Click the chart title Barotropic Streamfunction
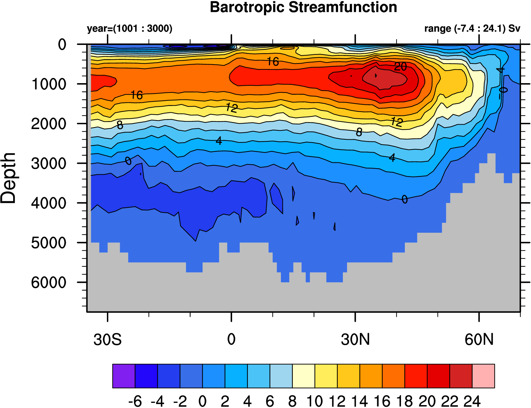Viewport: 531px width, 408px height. tap(303, 7)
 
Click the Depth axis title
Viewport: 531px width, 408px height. tap(9, 178)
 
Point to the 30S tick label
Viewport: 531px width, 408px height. tap(108, 340)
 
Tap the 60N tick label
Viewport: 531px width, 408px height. tap(479, 340)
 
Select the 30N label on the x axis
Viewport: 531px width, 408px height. tap(355, 340)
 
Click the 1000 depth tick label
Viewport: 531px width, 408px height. tap(49, 84)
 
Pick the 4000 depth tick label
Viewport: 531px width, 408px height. tap(49, 203)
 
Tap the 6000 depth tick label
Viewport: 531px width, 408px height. tap(49, 283)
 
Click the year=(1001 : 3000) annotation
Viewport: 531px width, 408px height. tap(130, 29)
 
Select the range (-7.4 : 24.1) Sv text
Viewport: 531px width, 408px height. tap(472, 29)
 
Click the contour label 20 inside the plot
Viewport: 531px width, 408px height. tap(400, 67)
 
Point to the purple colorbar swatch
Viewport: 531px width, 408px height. tap(124, 376)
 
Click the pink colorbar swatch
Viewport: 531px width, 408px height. tap(483, 376)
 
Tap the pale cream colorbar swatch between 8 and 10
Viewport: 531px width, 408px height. tap(303, 376)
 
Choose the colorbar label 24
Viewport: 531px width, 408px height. tap(472, 401)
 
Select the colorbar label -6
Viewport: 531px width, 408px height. tap(135, 401)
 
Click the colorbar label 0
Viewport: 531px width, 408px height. tap(202, 401)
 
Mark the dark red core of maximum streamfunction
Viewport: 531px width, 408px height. tap(384, 78)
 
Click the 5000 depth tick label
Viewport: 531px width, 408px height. tap(49, 243)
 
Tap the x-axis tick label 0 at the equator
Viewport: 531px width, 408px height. tap(231, 340)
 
